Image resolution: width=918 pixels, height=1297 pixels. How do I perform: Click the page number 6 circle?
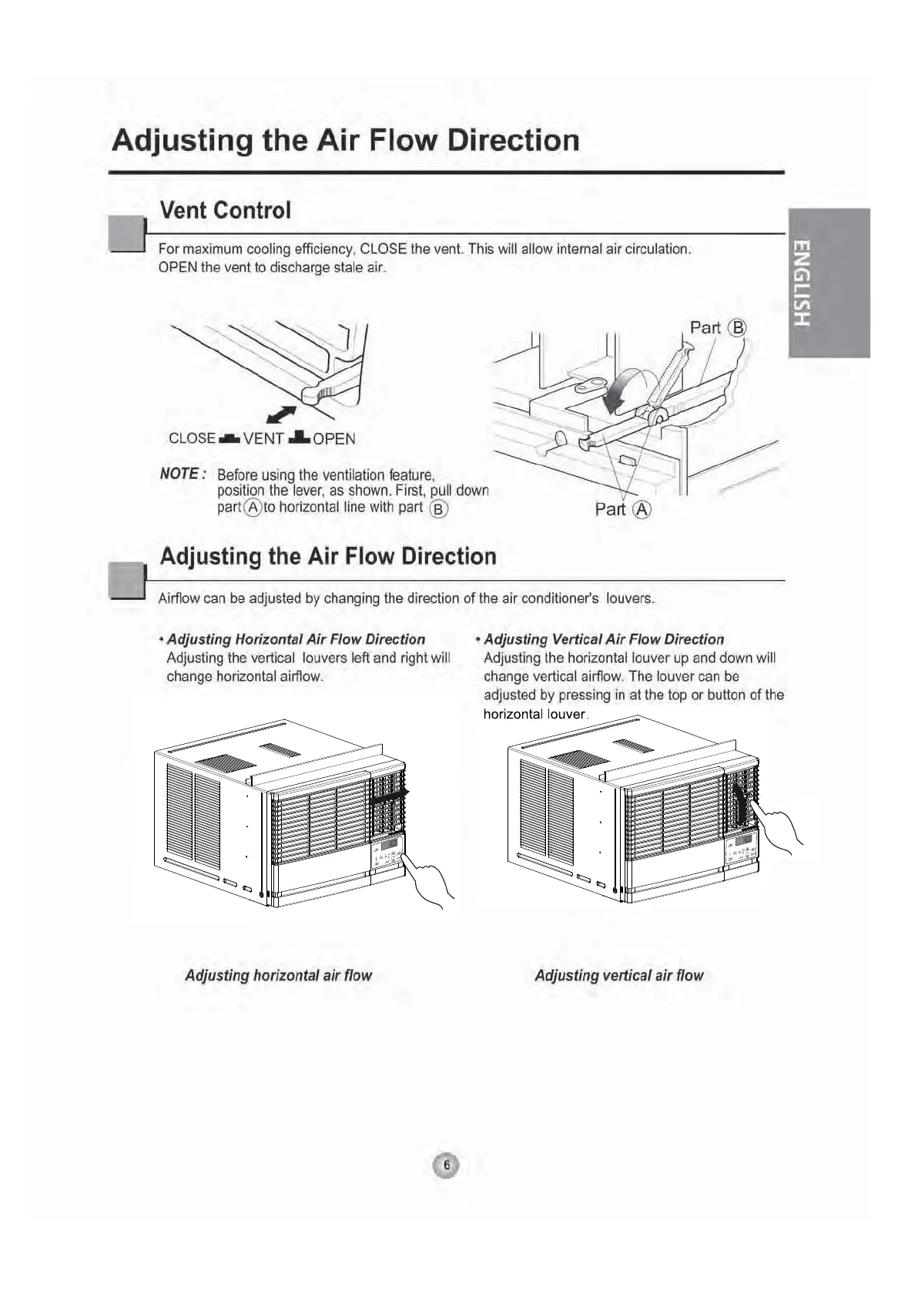click(446, 1165)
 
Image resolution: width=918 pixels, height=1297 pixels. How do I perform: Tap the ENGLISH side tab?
click(829, 283)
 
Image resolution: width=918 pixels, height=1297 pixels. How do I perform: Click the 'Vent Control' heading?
click(225, 210)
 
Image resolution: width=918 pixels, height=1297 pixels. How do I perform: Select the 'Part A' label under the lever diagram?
click(623, 509)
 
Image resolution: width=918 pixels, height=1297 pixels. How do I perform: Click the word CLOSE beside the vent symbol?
click(192, 438)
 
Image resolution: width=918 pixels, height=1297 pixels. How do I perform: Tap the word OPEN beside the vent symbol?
click(334, 439)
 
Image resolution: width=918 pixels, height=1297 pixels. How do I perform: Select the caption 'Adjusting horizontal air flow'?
click(278, 975)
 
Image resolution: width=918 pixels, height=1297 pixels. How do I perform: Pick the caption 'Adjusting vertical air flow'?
click(619, 975)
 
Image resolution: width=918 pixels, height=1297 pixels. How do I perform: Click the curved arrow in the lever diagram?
click(627, 387)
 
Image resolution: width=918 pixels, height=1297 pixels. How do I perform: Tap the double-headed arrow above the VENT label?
click(281, 414)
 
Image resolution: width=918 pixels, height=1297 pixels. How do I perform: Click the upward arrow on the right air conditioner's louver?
click(740, 804)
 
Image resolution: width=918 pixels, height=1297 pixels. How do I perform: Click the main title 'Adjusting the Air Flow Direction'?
click(346, 141)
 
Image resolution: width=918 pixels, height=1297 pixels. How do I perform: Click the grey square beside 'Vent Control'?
click(127, 234)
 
